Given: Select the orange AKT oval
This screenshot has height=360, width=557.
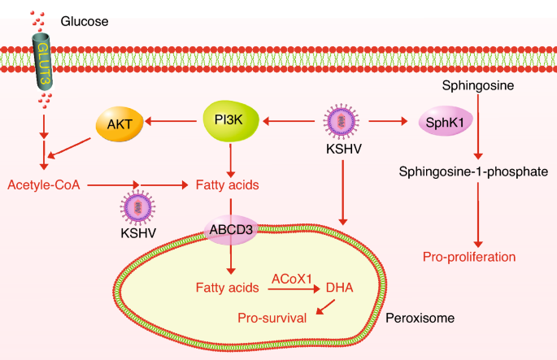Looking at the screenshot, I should point(120,124).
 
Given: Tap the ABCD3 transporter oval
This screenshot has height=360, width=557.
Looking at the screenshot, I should point(231,230).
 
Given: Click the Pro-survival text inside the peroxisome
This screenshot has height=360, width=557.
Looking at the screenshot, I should point(272,318).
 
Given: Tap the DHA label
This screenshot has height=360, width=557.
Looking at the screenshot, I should point(338,287).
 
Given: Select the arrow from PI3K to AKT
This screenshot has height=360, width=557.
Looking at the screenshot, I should point(173,123).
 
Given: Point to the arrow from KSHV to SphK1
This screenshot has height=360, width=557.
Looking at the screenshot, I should point(387,123).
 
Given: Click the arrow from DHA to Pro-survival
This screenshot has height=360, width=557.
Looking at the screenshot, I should point(324,306).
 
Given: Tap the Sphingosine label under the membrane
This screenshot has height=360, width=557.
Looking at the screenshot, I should point(476,84).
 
